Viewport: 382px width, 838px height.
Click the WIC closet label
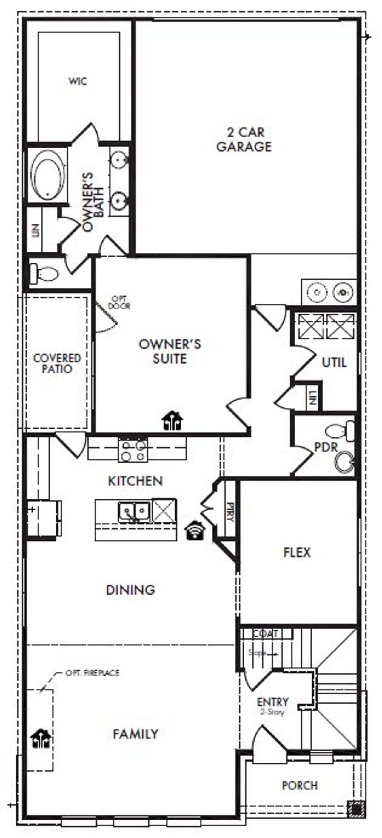78,81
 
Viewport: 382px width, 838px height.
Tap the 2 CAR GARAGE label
244,139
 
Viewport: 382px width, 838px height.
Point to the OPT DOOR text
119,302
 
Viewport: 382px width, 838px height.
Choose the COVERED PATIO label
57,363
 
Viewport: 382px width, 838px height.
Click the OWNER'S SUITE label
170,351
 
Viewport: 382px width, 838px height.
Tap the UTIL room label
334,362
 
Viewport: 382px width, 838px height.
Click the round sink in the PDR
345,461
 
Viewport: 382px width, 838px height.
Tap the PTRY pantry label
230,512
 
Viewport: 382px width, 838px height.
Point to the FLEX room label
297,553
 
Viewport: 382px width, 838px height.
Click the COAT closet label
265,634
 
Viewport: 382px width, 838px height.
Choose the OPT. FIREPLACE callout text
93,673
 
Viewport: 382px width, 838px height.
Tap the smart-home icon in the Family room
41,739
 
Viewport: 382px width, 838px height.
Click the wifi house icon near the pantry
195,530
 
